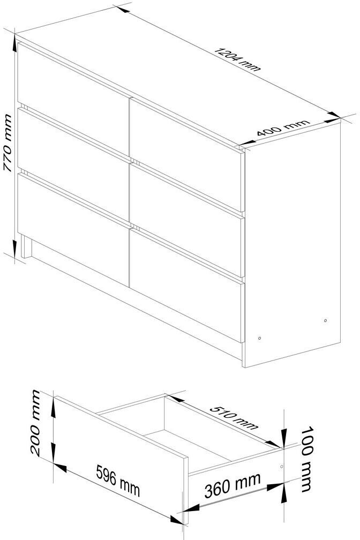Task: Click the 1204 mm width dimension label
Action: click(237, 59)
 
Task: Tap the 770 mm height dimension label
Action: click(7, 143)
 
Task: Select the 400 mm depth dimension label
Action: click(283, 127)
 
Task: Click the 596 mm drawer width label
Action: click(118, 481)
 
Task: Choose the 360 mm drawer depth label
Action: click(232, 485)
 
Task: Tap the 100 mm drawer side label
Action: click(306, 460)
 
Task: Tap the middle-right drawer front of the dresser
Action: click(187, 220)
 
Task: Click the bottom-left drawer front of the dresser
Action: click(73, 230)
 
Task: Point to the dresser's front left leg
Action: click(26, 246)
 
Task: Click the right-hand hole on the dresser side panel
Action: click(325, 320)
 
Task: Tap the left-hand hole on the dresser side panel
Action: click(259, 338)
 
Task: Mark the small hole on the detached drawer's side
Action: click(281, 466)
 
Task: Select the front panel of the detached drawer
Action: click(121, 461)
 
